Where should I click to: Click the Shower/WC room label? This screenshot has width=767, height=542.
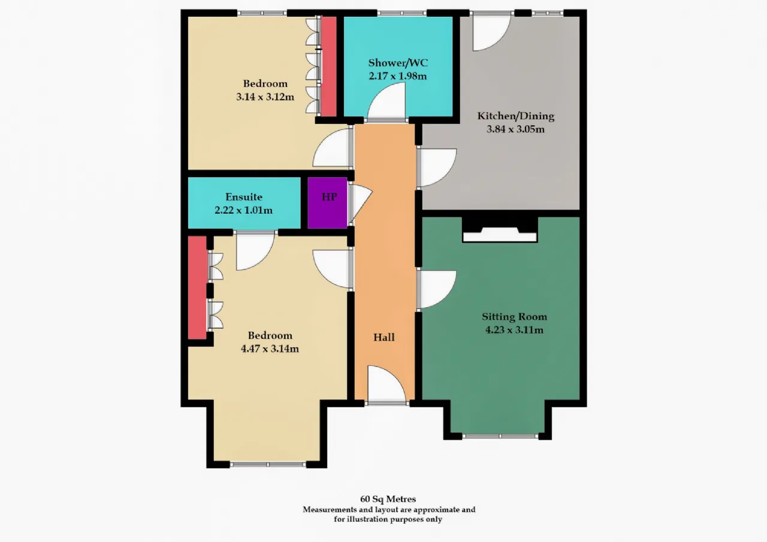398,63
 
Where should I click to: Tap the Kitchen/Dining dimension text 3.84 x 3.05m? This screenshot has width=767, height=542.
515,129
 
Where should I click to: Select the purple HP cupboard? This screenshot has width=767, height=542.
327,203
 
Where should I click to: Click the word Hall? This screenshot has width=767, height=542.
384,337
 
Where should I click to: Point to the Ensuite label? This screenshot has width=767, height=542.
244,197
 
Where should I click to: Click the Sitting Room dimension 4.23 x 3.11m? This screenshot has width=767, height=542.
514,330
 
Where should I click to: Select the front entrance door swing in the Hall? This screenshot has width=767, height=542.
387,384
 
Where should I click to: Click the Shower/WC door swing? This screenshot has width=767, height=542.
386,102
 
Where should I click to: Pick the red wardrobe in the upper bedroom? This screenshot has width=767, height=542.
328,66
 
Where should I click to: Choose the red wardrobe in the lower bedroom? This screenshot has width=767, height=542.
197,287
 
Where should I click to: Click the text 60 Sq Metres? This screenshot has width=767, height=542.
388,499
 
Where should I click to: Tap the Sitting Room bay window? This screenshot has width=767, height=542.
500,436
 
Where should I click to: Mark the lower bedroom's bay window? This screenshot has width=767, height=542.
268,464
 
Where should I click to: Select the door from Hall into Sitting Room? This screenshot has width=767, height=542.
437,289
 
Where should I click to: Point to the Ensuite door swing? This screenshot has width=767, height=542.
255,251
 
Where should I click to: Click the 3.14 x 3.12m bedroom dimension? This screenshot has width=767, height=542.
265,97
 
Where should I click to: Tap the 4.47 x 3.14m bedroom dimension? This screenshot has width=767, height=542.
270,349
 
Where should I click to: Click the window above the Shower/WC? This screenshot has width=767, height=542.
402,13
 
